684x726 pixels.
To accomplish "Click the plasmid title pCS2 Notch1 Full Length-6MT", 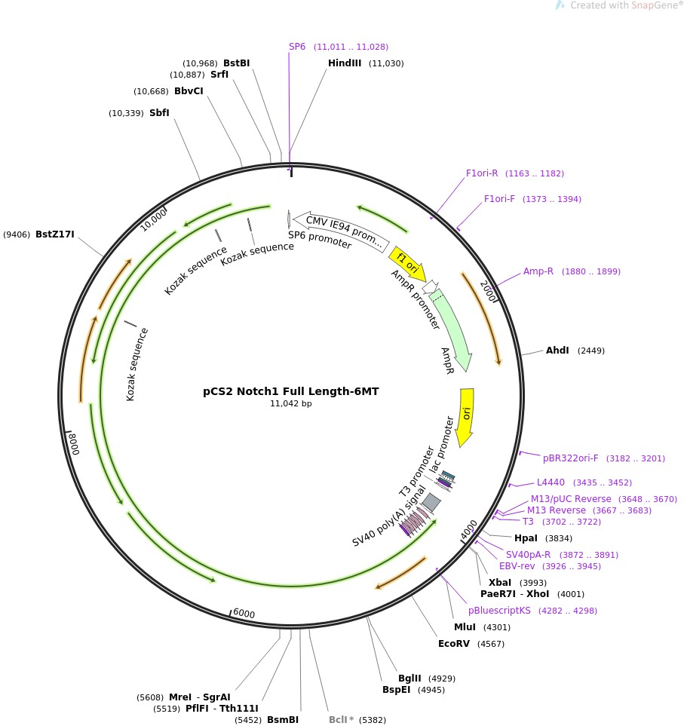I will point(290,391).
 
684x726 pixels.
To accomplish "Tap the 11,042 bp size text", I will point(290,404).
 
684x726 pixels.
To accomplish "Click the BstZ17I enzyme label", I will point(55,234).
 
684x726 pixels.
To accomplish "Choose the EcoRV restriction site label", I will point(454,644).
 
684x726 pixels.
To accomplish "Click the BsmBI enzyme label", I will point(283,720).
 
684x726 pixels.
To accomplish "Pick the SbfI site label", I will point(159,113).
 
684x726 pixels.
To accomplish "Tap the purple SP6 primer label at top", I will point(297,47).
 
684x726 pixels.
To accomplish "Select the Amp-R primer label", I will point(538,271).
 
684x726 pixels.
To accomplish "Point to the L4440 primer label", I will point(551,482).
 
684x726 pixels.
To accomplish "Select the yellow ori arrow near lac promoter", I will point(466,416).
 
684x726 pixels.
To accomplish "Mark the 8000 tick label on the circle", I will point(72,443).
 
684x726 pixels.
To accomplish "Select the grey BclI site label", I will point(338,720).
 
